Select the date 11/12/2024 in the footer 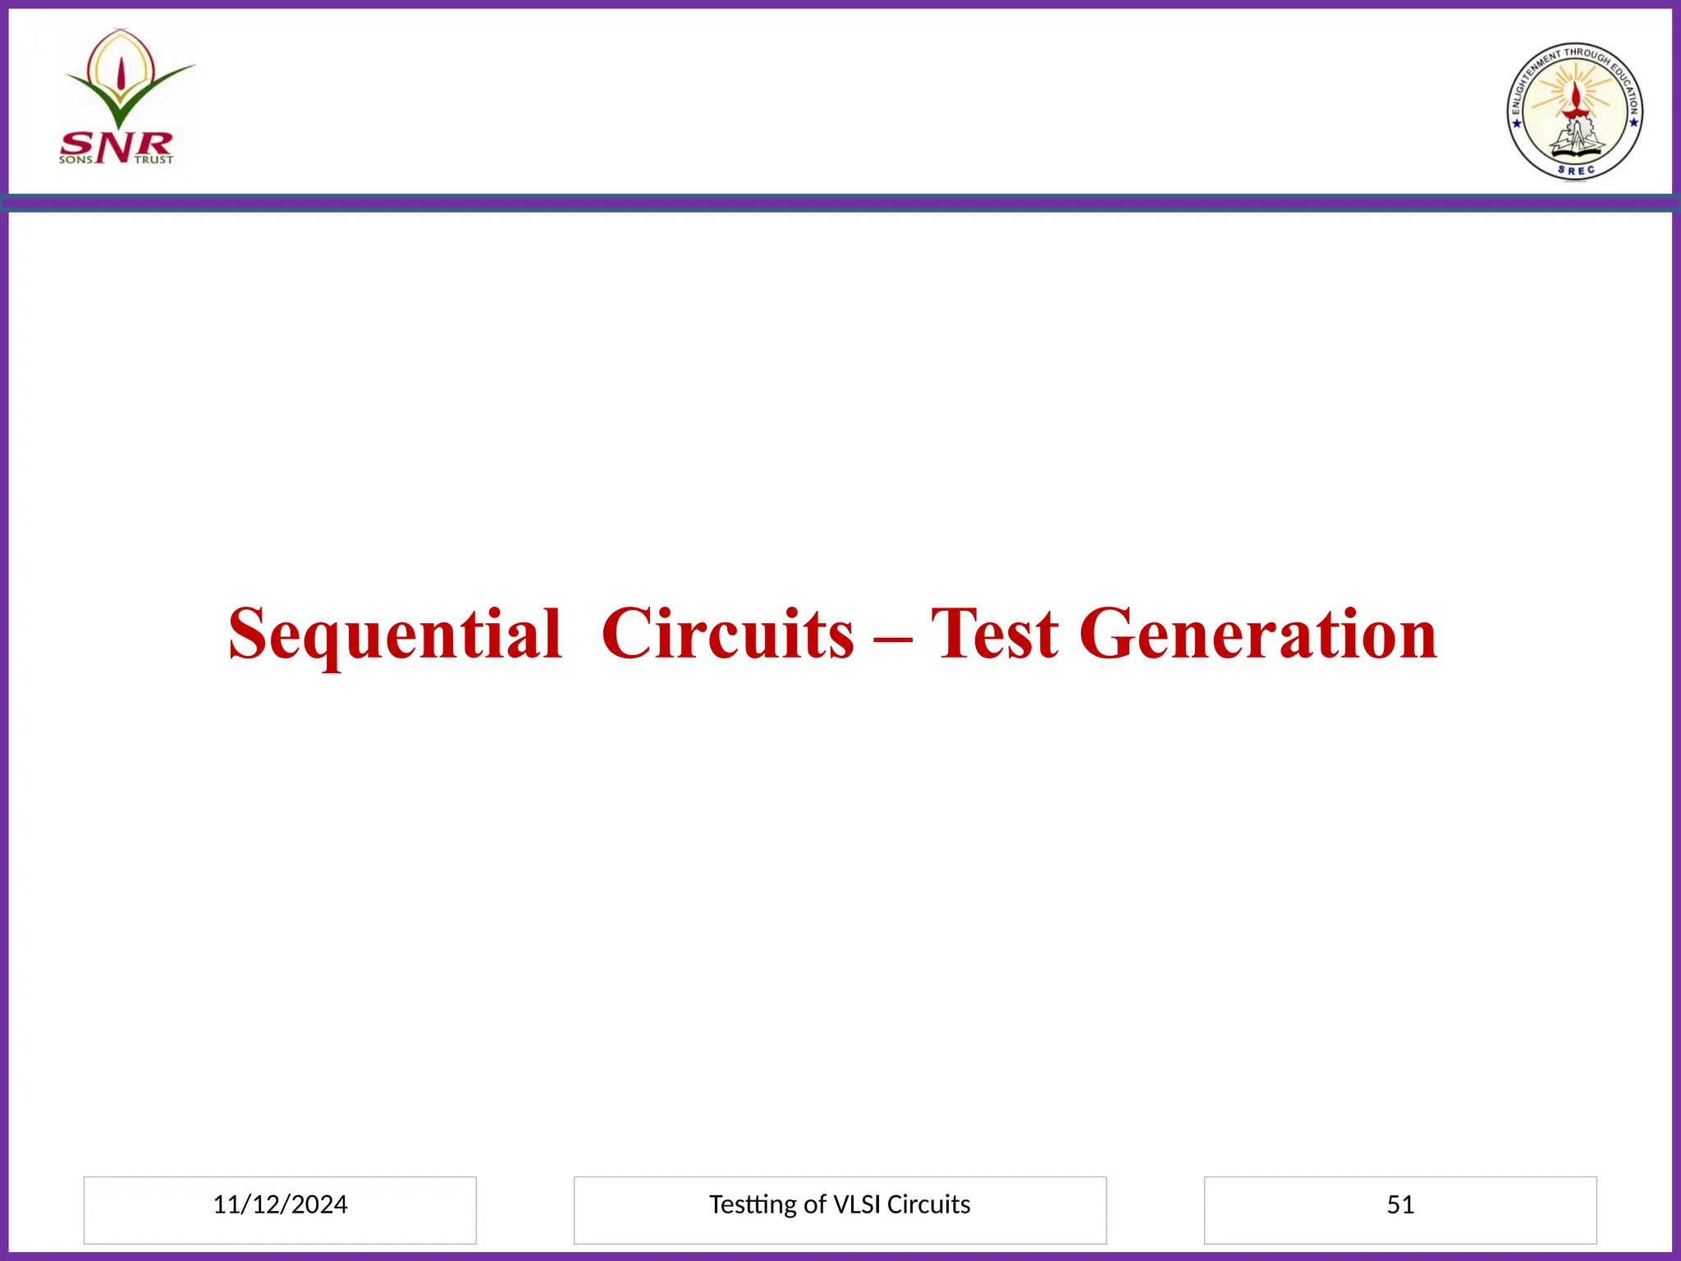tap(280, 1204)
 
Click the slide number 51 tap(1400, 1204)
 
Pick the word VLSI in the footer tap(857, 1204)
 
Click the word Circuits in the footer tap(928, 1204)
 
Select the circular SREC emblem tap(1574, 112)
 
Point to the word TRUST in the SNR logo tap(153, 160)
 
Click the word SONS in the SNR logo tap(76, 160)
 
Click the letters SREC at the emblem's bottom tap(1576, 171)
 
